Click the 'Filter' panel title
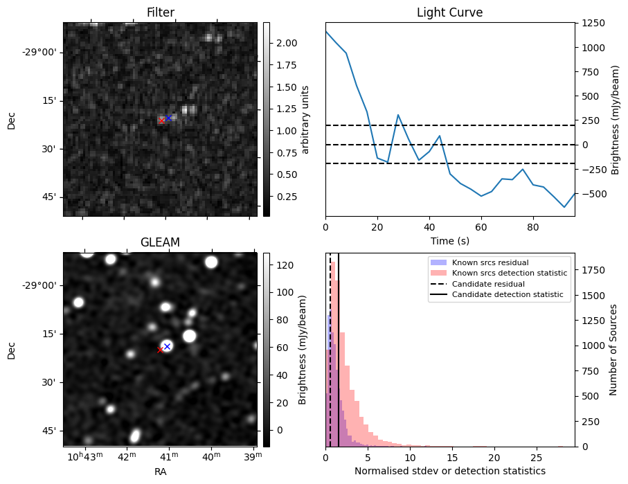[160, 12]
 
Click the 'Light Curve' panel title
[449, 12]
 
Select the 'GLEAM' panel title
[160, 242]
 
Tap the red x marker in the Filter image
[162, 120]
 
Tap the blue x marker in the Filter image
[168, 118]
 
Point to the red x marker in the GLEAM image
[160, 350]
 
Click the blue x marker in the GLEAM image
[167, 346]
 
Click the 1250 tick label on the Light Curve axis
[595, 23]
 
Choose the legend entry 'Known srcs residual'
[490, 263]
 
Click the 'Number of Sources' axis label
[613, 350]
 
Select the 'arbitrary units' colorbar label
[305, 119]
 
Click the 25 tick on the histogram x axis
[536, 458]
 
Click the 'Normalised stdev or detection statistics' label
[449, 471]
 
